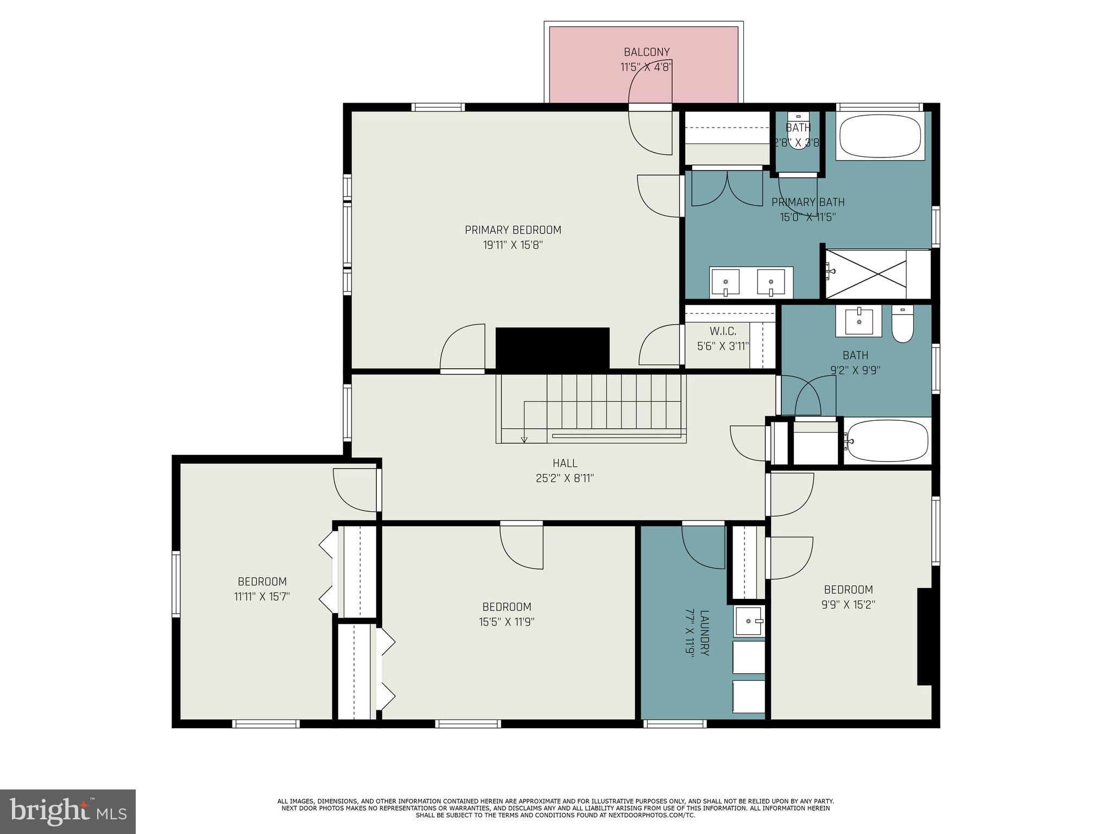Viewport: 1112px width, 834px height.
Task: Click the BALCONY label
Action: point(646,52)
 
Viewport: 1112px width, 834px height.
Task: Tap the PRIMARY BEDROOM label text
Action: point(513,230)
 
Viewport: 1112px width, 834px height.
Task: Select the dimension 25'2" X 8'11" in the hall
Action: point(565,478)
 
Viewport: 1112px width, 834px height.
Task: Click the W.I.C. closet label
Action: point(723,331)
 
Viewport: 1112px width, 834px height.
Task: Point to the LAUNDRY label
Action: point(705,633)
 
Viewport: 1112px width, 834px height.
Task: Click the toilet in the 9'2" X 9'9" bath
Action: point(902,324)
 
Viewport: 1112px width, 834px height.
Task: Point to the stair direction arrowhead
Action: point(524,440)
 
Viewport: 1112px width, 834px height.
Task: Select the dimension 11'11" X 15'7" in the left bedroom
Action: point(262,597)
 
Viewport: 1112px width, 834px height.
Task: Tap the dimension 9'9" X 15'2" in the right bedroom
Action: point(848,605)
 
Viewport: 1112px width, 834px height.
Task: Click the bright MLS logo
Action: point(68,812)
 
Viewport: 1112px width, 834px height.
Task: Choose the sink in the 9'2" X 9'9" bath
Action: point(858,321)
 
